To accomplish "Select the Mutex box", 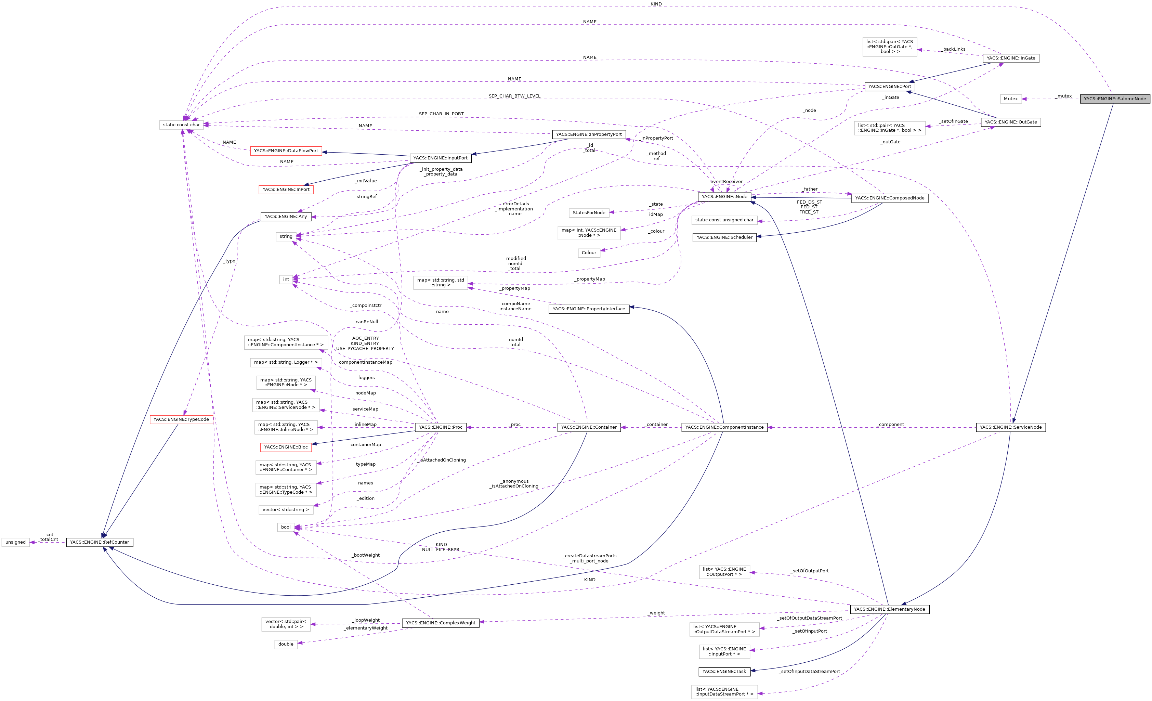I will pos(1010,99).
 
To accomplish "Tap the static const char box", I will pos(181,125).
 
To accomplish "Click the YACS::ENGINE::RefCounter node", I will pos(100,542).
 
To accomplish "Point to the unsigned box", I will pos(15,542).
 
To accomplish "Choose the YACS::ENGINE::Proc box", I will pos(441,427).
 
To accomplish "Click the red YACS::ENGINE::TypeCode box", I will pos(181,419).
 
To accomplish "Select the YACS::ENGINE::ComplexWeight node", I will pos(441,623).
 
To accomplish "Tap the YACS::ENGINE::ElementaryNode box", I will pos(889,609).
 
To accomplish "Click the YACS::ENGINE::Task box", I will pos(724,672).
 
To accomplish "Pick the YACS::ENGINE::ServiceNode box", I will pos(1010,427).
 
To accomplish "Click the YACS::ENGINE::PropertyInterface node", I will pos(589,309).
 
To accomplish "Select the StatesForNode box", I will pos(589,212).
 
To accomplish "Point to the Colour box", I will pos(589,252).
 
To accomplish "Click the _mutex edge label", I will pos(1064,96).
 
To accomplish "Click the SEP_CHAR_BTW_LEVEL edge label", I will pos(514,96).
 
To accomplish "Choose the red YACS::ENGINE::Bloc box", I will pos(286,447).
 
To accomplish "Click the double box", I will pos(286,644).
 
